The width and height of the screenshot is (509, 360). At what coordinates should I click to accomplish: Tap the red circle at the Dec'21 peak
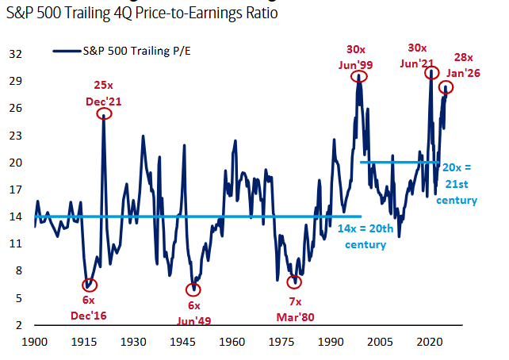(105, 114)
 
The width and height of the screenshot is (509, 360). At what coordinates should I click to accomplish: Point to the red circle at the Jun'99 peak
(360, 77)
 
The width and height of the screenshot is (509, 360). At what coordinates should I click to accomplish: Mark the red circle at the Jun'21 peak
(431, 73)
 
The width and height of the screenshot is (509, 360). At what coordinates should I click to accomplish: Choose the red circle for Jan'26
(446, 88)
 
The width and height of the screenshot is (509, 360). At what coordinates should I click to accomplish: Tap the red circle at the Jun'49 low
(193, 289)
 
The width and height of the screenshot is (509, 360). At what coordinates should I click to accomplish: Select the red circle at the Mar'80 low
(295, 281)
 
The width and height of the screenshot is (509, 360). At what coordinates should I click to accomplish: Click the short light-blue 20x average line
(400, 163)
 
